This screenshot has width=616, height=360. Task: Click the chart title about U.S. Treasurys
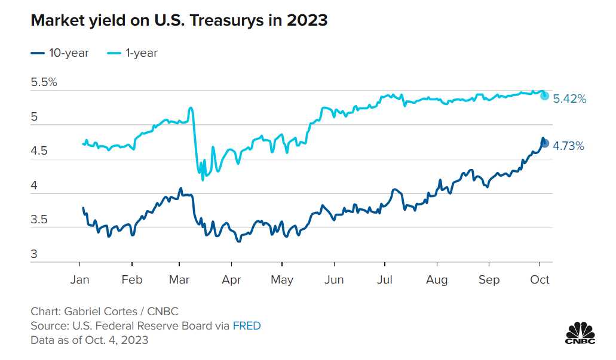pyautogui.click(x=179, y=20)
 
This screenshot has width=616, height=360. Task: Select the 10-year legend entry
pyautogui.click(x=60, y=53)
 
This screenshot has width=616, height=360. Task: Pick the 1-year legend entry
pyautogui.click(x=133, y=53)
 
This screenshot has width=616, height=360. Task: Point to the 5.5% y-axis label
pyautogui.click(x=44, y=82)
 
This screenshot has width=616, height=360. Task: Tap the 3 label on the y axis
pyautogui.click(x=34, y=254)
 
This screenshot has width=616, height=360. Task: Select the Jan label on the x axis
pyautogui.click(x=80, y=279)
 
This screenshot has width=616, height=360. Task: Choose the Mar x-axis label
pyautogui.click(x=180, y=279)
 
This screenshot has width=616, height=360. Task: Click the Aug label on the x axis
pyautogui.click(x=437, y=279)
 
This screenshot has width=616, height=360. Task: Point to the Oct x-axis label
pyautogui.click(x=540, y=279)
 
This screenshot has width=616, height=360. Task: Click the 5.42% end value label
pyautogui.click(x=569, y=99)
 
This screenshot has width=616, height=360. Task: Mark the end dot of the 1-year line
pyautogui.click(x=544, y=96)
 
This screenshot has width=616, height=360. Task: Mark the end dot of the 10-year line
pyautogui.click(x=544, y=143)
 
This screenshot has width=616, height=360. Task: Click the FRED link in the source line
pyautogui.click(x=247, y=326)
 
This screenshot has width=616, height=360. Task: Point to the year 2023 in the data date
pyautogui.click(x=136, y=340)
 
